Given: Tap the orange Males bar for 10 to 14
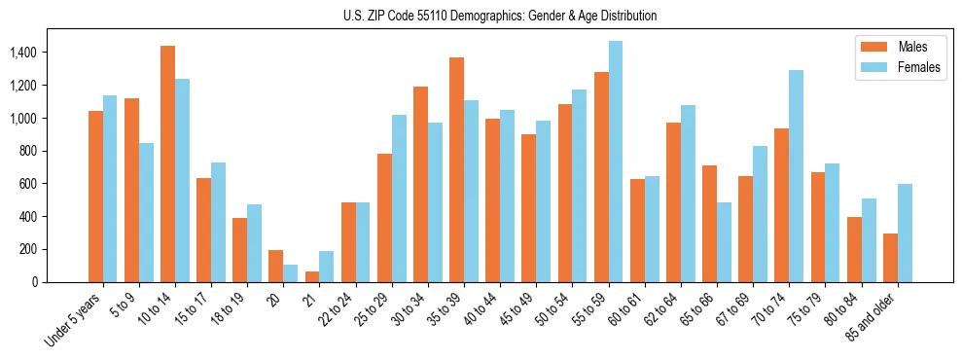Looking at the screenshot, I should pos(167,163).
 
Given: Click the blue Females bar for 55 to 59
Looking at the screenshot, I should pos(616,162).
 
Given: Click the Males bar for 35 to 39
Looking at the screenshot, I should pos(456,169).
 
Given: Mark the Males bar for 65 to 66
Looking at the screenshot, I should pos(709,224).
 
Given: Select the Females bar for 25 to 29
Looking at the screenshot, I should pos(399,198).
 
